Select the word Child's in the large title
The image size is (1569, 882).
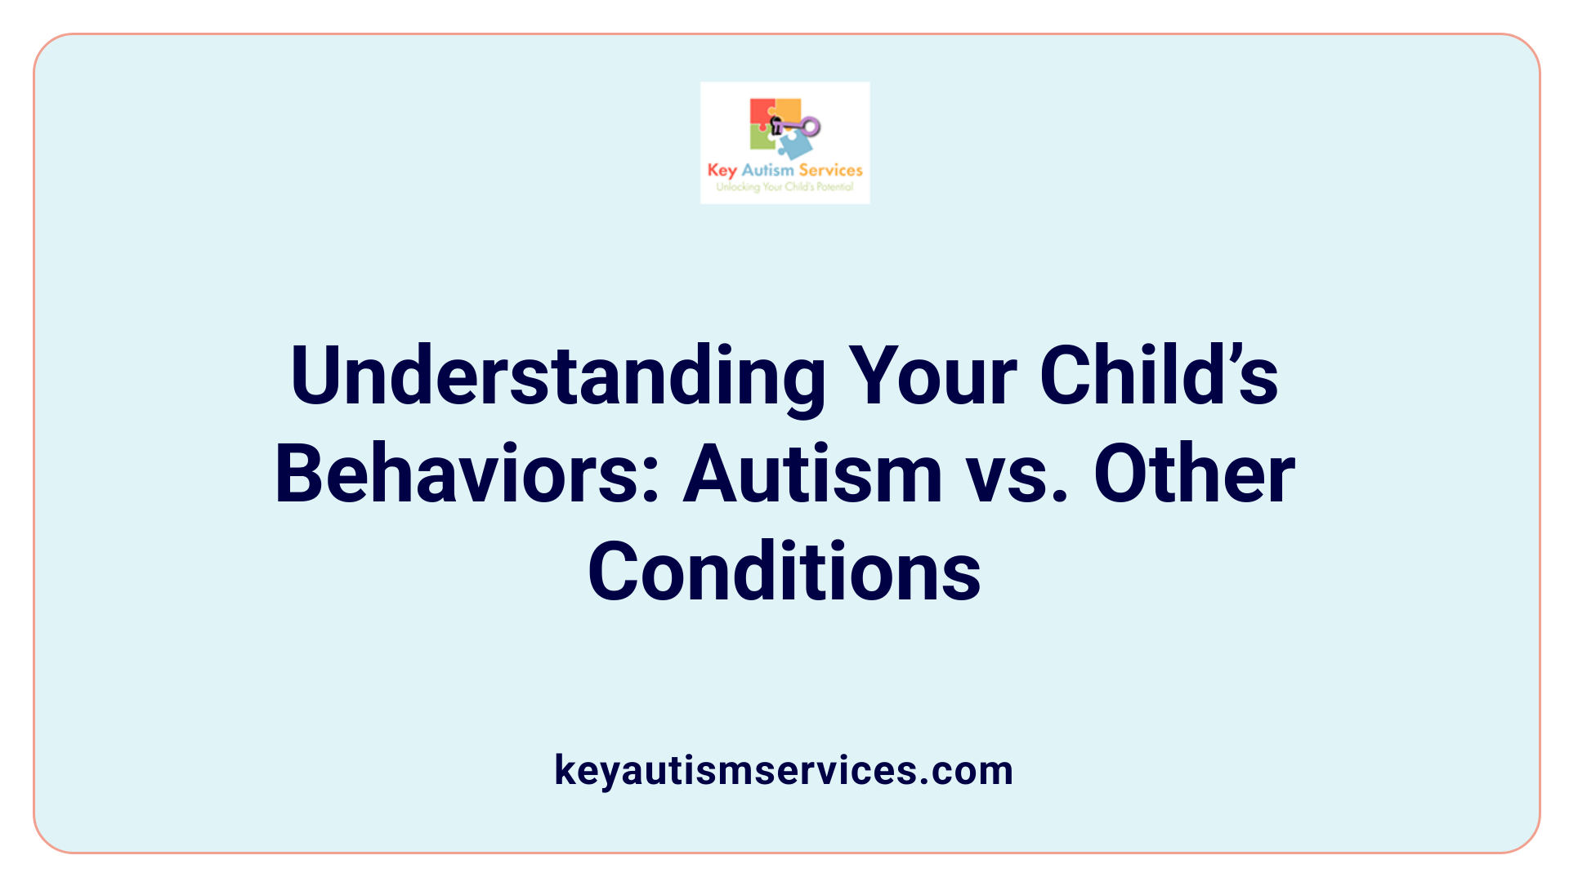point(1159,376)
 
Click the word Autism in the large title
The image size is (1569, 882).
point(812,474)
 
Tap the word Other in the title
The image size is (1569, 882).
point(1194,474)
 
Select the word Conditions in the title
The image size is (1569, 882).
point(784,572)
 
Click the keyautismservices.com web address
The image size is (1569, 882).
point(784,770)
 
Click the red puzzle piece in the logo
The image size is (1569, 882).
point(760,112)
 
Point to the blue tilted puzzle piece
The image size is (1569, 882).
point(794,145)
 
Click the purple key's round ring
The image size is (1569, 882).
point(811,127)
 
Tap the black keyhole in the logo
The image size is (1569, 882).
point(776,125)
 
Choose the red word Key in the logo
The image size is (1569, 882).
point(722,171)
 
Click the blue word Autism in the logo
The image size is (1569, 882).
point(767,170)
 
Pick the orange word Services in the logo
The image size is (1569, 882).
point(830,170)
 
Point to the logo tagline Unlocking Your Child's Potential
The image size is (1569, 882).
point(784,187)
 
